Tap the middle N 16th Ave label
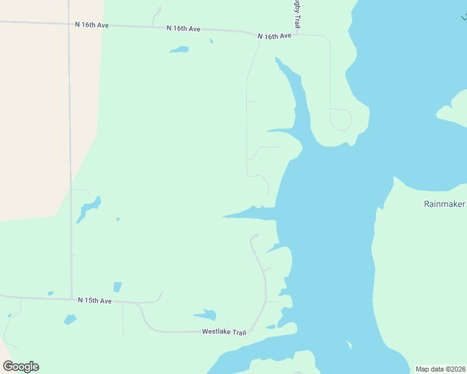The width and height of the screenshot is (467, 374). click(184, 29)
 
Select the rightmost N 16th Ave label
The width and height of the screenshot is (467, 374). click(275, 36)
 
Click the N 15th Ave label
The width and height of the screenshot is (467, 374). click(95, 300)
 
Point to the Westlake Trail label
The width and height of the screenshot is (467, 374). click(224, 332)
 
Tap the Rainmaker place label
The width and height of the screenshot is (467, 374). click(444, 204)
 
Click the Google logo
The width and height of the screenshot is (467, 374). click(21, 366)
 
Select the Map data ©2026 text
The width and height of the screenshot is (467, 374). click(440, 369)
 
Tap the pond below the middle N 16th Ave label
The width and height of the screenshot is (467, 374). click(179, 49)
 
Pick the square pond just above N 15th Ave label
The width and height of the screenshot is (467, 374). click(117, 287)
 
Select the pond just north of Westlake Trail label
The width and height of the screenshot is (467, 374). click(206, 315)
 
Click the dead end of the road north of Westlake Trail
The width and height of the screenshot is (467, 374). click(255, 236)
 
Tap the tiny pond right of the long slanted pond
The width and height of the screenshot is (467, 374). click(118, 219)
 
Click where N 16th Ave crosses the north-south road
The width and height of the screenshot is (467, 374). click(69, 24)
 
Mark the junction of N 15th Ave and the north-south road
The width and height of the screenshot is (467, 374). click(71, 298)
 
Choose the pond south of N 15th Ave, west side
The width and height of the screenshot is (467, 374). click(70, 319)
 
